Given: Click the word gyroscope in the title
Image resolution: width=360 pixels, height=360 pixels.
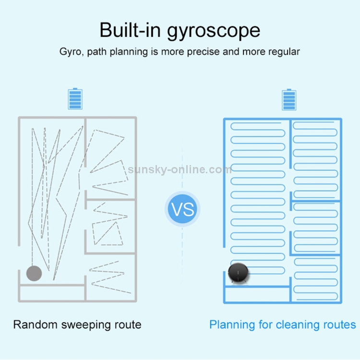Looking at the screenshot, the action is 214,31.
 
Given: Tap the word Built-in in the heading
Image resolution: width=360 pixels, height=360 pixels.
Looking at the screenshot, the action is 130,30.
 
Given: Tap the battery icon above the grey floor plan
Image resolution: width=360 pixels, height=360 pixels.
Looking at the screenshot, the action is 75,99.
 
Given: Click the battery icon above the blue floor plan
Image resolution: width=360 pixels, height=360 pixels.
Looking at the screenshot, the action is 289,100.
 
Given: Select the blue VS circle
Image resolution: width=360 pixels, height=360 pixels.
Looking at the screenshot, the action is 182,209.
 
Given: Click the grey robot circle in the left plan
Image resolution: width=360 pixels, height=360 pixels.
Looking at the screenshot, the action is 34,273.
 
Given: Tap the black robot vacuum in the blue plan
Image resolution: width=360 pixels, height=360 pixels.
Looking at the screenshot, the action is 238,273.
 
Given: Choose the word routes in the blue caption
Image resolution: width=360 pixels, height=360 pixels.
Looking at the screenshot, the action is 339,325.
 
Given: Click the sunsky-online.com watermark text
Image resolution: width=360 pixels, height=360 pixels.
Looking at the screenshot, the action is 180,169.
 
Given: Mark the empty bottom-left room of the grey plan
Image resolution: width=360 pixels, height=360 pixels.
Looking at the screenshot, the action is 52,293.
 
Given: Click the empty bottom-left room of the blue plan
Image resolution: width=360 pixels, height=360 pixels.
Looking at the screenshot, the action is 257,295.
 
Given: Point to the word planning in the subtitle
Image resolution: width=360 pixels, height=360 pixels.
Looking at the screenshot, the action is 129,52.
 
